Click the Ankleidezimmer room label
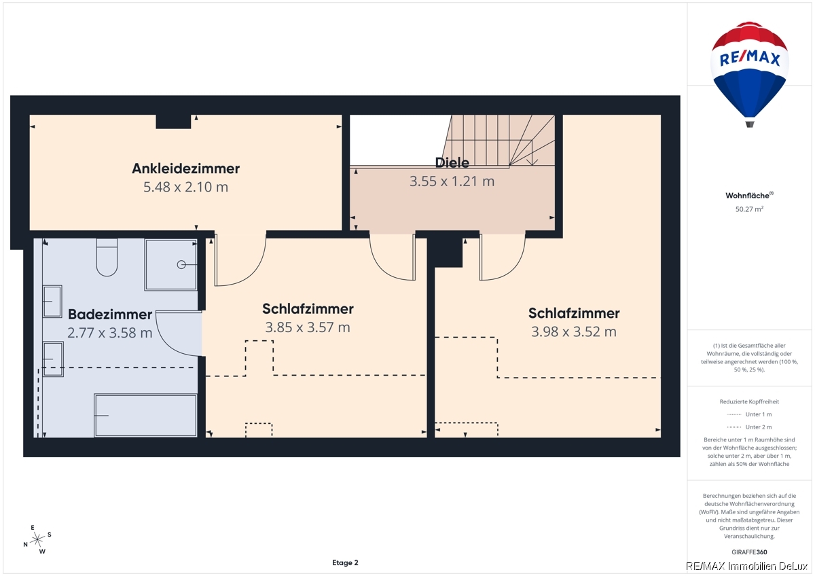(x=185, y=168)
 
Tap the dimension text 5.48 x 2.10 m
(x=185, y=187)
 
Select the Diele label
(x=452, y=162)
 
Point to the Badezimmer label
(x=110, y=314)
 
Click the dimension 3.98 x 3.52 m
(x=574, y=332)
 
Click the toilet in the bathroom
(x=107, y=257)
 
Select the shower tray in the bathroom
(x=170, y=264)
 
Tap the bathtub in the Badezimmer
(x=145, y=415)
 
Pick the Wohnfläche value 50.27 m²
(x=749, y=209)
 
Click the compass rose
(x=37, y=539)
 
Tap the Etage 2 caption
(x=345, y=562)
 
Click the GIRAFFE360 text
(x=749, y=552)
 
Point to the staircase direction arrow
(x=532, y=153)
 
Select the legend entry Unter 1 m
(x=749, y=414)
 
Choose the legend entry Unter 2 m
(x=749, y=427)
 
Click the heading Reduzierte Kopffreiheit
(x=749, y=401)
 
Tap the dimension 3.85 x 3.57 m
(x=308, y=327)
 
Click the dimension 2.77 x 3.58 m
(x=110, y=333)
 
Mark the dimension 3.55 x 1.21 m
(x=452, y=181)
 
